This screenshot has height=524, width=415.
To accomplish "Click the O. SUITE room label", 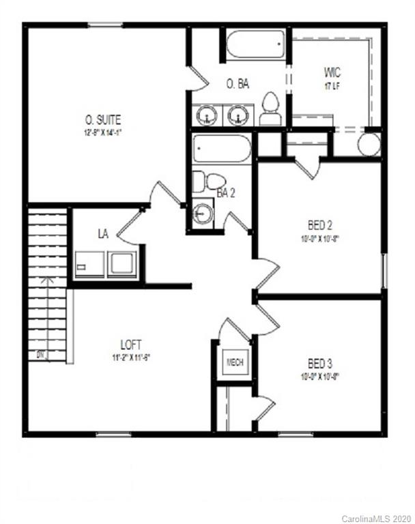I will point(102,120).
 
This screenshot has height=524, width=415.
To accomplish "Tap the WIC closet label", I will point(332,72).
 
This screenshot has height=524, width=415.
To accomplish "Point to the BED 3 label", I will point(319,363).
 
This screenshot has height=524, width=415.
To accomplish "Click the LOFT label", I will point(131,345).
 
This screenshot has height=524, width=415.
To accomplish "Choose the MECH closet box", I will point(235,362).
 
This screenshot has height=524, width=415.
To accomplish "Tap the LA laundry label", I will point(103,234).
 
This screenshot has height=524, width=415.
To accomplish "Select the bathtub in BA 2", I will point(222,148).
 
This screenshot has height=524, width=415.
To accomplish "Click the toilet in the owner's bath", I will point(270,110).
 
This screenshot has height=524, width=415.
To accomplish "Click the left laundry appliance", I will point(89,265).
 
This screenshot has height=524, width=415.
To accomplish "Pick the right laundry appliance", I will point(122,264).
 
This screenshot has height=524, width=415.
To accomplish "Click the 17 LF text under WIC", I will point(332,87).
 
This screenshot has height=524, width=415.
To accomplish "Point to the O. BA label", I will point(238,84).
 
